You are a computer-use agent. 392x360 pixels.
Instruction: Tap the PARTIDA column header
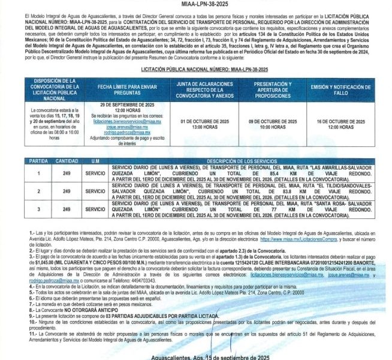[x=39, y=161]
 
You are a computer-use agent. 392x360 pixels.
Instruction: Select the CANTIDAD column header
[x=67, y=161]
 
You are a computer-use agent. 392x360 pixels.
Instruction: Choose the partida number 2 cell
[x=39, y=191]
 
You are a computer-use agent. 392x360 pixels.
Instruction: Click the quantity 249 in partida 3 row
[x=67, y=209]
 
